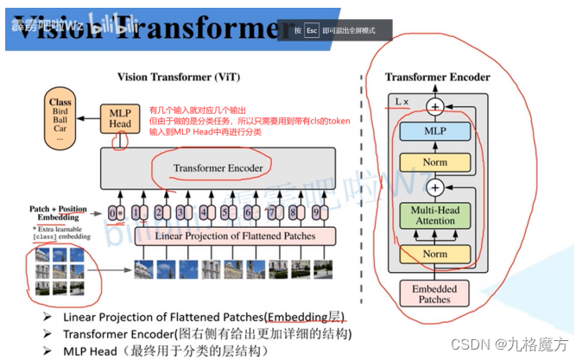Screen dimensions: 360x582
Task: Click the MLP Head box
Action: (121, 117)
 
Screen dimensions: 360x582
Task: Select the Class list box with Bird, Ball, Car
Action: (60, 120)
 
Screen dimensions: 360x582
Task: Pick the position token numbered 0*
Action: (117, 212)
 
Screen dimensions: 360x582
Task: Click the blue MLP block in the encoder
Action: (436, 131)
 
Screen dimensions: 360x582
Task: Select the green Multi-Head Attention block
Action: (436, 215)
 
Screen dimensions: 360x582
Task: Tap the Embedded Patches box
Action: (434, 294)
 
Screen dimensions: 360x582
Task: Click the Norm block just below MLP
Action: (436, 161)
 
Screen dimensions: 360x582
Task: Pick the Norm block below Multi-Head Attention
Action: (436, 253)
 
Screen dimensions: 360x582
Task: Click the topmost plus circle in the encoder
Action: (436, 106)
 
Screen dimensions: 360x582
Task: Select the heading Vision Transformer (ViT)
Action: (177, 76)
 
